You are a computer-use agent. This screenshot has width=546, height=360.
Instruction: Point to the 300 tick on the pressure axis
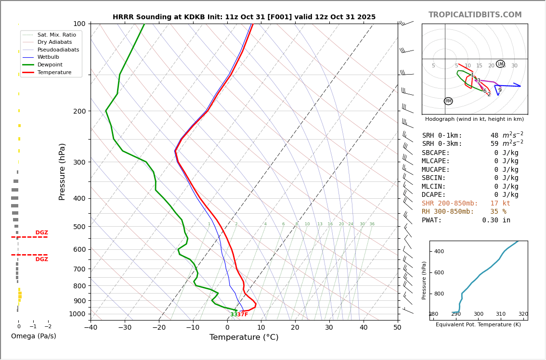(x=79, y=162)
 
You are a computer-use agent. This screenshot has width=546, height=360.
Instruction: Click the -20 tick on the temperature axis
(x=159, y=328)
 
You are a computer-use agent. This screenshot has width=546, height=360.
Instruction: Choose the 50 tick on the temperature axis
(x=397, y=328)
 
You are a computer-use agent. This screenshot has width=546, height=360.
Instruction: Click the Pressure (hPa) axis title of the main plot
(x=62, y=171)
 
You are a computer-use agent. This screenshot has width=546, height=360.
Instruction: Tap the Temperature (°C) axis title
(x=244, y=337)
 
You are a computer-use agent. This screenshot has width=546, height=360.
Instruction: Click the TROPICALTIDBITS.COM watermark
(x=475, y=15)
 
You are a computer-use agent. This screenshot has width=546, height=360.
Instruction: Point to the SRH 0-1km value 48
(x=494, y=136)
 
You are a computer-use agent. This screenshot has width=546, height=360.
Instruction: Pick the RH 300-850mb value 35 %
(x=498, y=212)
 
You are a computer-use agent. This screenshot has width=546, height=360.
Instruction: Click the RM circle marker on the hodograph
(x=448, y=101)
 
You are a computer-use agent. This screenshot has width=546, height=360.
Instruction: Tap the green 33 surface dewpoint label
(x=234, y=315)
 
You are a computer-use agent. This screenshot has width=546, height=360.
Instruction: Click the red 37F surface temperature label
(x=242, y=315)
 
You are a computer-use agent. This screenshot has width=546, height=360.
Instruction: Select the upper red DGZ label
(x=41, y=233)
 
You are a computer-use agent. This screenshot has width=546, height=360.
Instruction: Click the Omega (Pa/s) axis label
(x=33, y=336)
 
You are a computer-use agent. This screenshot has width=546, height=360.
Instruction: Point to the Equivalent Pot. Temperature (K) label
(x=479, y=325)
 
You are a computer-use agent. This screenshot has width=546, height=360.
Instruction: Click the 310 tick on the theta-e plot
(x=501, y=314)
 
